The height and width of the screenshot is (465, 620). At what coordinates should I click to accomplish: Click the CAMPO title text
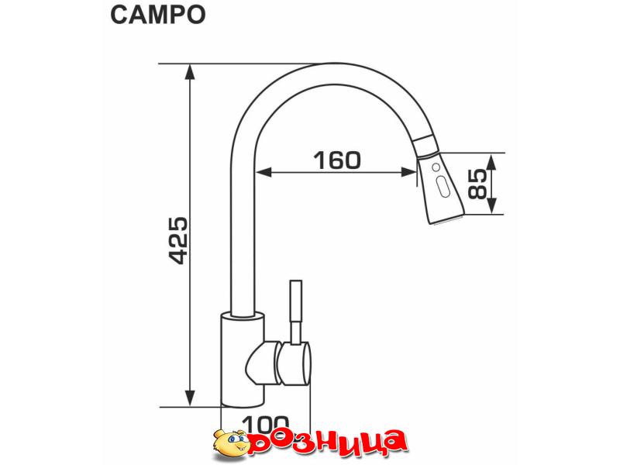coord(158,15)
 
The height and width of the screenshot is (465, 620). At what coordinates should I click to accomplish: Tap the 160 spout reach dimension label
coord(337,160)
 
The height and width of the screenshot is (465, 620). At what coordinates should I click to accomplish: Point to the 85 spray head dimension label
coord(477,184)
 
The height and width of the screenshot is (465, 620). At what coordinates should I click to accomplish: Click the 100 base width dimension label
coord(266,424)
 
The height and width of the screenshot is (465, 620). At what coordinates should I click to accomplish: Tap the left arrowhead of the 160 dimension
coord(263,171)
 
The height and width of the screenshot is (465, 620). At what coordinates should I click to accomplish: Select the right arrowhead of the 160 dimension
coord(408,171)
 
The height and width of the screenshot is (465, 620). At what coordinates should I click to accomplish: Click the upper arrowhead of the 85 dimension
coord(491,161)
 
